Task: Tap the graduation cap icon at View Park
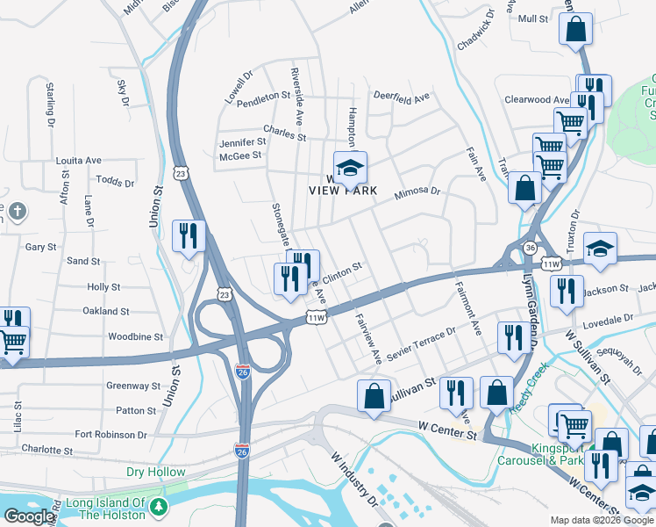tap(350, 166)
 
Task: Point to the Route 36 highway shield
tap(530, 249)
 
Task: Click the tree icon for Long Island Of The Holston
tap(158, 508)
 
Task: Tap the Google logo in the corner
tap(28, 516)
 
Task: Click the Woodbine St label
tap(135, 336)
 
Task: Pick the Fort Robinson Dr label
tap(111, 435)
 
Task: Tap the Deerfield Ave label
tap(401, 96)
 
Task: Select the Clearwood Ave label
tap(538, 100)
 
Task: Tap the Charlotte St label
tap(47, 450)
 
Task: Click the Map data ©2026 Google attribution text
tap(601, 520)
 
